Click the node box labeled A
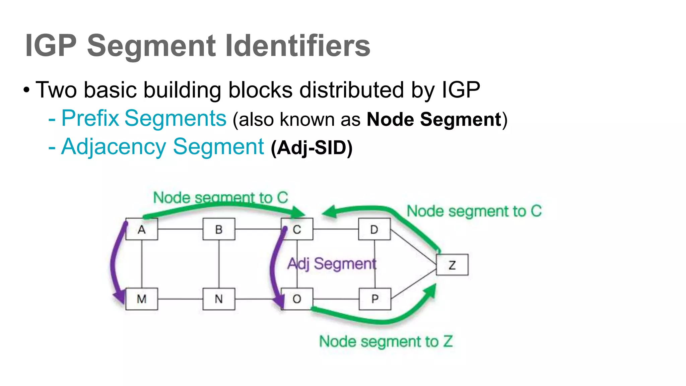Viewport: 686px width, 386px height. pyautogui.click(x=142, y=229)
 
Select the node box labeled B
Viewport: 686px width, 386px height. pyautogui.click(x=219, y=229)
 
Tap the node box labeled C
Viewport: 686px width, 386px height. pyautogui.click(x=297, y=229)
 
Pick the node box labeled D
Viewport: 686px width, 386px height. pyautogui.click(x=374, y=229)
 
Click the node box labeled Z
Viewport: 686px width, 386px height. pyautogui.click(x=452, y=265)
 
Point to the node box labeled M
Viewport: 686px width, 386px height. pyautogui.click(x=142, y=299)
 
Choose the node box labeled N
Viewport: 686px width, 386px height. pyautogui.click(x=219, y=299)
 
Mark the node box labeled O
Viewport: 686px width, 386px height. pyautogui.click(x=297, y=299)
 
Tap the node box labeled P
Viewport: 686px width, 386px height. pyautogui.click(x=375, y=299)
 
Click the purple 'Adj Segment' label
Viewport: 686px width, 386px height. pyautogui.click(x=332, y=264)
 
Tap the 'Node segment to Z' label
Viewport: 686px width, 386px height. pyautogui.click(x=386, y=342)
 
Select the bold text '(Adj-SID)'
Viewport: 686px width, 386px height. pyautogui.click(x=312, y=148)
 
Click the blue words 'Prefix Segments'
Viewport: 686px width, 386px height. pyautogui.click(x=144, y=119)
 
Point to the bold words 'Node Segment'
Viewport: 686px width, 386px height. pyautogui.click(x=434, y=120)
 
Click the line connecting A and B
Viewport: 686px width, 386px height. pyautogui.click(x=180, y=229)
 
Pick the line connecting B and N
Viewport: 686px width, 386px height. pyautogui.click(x=219, y=264)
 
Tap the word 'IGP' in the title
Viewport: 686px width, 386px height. pyautogui.click(x=51, y=46)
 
